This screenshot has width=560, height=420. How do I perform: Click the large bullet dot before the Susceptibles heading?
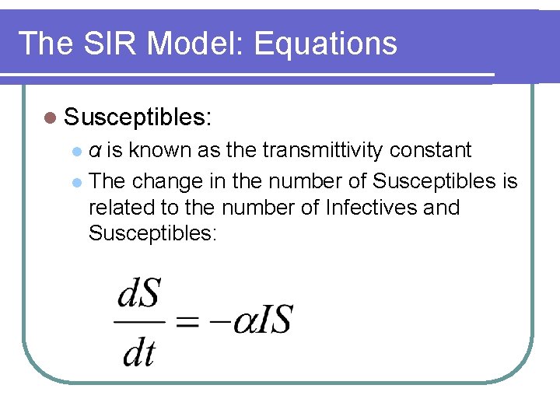pos(51,119)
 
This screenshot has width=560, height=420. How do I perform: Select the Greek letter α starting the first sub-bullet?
pos(94,150)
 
